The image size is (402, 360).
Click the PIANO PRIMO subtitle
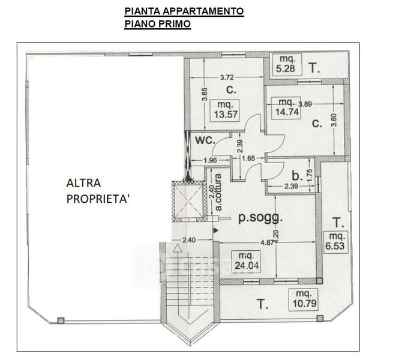click(157, 25)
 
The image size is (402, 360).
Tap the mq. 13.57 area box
click(227, 112)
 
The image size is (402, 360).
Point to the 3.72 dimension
click(226, 78)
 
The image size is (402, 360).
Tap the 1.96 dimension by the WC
click(209, 160)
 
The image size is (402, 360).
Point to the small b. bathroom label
click(296, 175)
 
